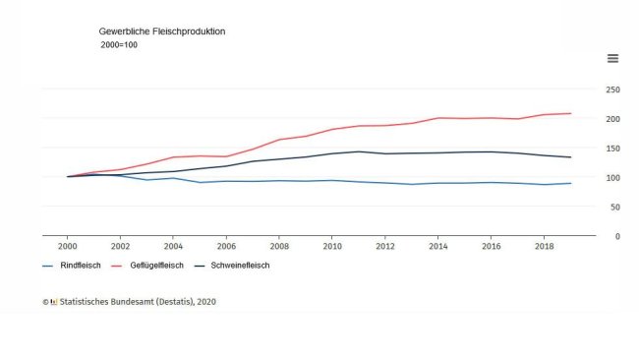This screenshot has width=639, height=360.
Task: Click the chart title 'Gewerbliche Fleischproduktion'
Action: pos(162,31)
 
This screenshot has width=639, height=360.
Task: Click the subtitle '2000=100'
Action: pos(119,45)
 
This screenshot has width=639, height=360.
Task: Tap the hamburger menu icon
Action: pos(612,58)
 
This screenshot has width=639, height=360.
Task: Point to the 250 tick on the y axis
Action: pos(612,90)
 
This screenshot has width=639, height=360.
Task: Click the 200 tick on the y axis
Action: pos(612,119)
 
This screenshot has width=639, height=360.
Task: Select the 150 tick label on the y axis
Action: pos(612,149)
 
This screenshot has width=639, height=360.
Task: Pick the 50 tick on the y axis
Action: pos(614,208)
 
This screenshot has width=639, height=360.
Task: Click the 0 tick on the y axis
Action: pos(616,237)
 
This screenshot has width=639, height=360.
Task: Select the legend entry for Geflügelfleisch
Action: pos(151,266)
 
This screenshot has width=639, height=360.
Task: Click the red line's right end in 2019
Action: pos(570,113)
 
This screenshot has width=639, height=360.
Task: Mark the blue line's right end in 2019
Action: pos(570,183)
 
